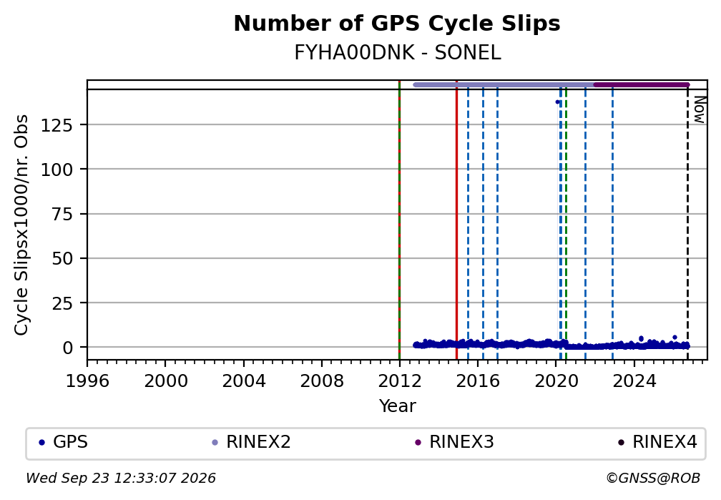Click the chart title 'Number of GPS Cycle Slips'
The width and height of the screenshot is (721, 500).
tap(397, 24)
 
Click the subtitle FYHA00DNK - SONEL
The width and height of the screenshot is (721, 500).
tap(397, 53)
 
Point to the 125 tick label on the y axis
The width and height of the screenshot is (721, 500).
tap(57, 124)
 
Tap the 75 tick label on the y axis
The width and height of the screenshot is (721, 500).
tap(62, 214)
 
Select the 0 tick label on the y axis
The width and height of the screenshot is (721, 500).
tap(68, 348)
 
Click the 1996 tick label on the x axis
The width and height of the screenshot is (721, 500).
tap(87, 381)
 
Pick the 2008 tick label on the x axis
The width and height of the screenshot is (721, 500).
tap(321, 381)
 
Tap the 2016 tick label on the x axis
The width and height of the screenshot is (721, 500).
tap(477, 381)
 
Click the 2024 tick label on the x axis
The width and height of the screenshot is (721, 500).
tap(634, 381)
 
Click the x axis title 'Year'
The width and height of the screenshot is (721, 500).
tap(397, 406)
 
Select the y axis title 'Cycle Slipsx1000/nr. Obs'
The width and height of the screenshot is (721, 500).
tap(21, 225)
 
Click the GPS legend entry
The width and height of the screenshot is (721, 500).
tap(64, 442)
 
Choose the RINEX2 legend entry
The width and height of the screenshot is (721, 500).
tap(251, 442)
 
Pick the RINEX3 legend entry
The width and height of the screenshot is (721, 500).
tap(454, 442)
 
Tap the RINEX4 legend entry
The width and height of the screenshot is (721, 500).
tap(657, 442)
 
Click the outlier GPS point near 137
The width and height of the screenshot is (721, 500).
tap(557, 102)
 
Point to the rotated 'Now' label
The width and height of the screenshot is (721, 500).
tap(699, 109)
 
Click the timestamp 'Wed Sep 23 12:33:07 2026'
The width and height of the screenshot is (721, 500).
tap(120, 479)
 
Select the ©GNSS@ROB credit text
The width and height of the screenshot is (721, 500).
tap(653, 479)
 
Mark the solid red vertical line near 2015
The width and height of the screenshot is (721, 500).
tap(456, 220)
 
